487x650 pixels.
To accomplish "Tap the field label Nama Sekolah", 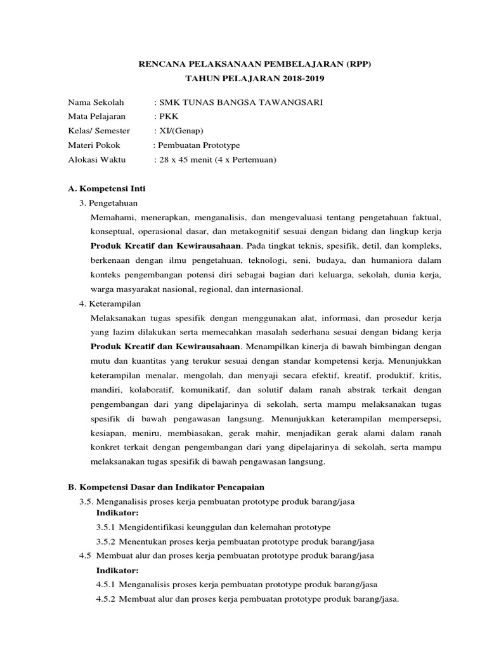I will tap(96, 103).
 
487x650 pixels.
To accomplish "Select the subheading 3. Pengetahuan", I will tap(108, 202).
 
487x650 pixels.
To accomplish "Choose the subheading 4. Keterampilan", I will tap(110, 303).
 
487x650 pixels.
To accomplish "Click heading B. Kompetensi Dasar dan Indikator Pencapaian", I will tap(166, 487).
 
